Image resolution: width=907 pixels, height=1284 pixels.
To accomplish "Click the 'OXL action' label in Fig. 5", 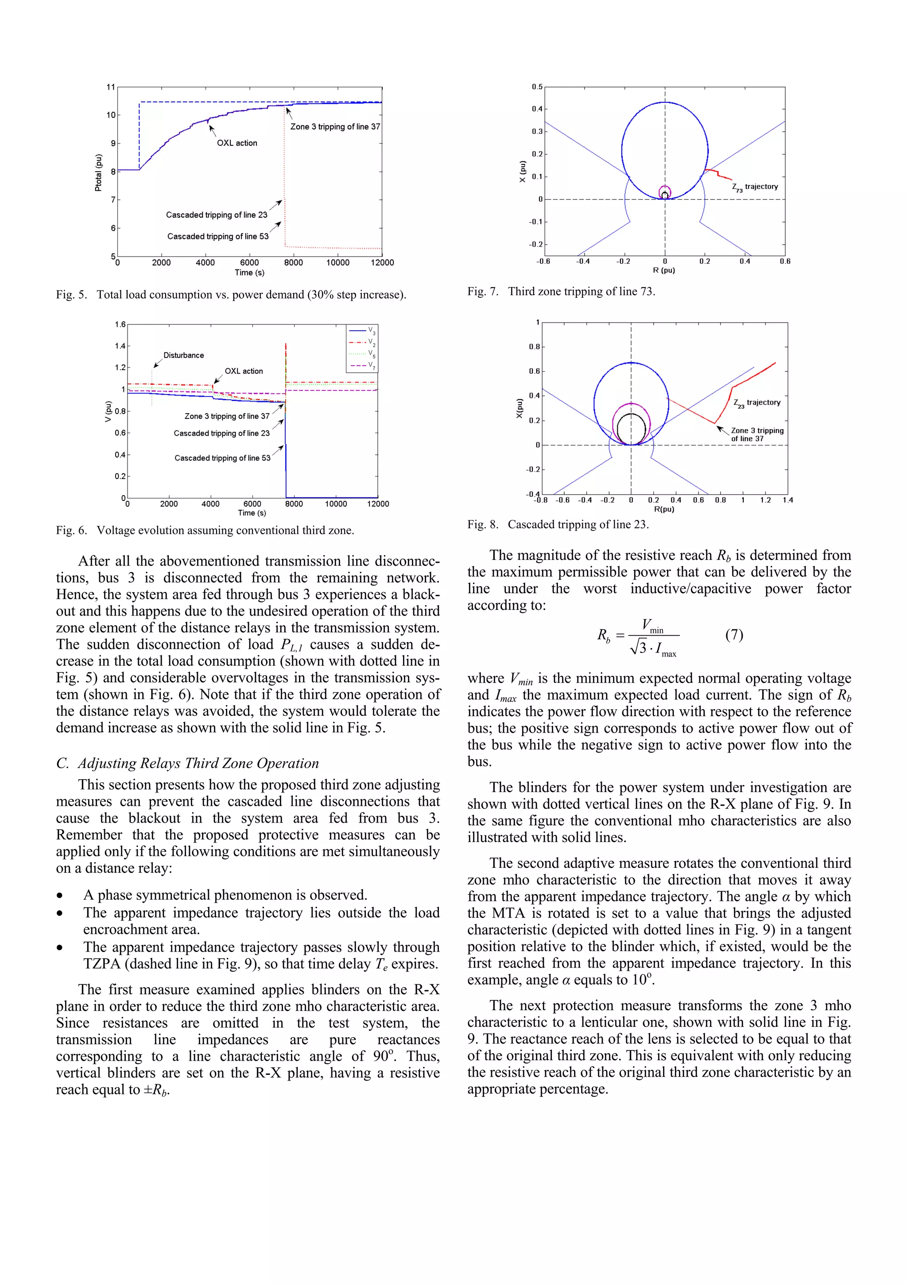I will tap(237, 143).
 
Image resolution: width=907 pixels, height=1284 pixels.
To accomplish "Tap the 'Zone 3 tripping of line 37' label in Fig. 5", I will tap(335, 127).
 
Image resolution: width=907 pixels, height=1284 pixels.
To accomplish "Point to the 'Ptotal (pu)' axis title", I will tap(98, 172).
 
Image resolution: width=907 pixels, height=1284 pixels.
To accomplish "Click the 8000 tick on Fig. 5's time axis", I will tap(293, 263).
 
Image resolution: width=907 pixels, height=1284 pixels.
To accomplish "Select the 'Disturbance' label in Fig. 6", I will tap(183, 355).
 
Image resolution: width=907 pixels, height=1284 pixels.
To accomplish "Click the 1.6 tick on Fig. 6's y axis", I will tap(120, 324).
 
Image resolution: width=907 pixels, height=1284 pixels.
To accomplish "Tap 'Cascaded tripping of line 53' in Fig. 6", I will tap(222, 458).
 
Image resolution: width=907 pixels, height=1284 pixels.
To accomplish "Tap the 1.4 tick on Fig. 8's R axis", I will tap(787, 500).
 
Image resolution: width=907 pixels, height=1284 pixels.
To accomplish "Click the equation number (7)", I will tap(734, 635).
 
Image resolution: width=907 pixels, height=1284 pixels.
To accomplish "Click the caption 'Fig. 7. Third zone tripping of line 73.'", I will tap(561, 291).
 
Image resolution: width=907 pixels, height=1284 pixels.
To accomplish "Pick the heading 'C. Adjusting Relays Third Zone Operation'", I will tap(187, 763).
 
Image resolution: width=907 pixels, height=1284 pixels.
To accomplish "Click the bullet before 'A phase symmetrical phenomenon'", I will tap(60, 895).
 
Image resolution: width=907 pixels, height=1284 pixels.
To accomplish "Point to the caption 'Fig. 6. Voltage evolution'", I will tap(205, 530).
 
